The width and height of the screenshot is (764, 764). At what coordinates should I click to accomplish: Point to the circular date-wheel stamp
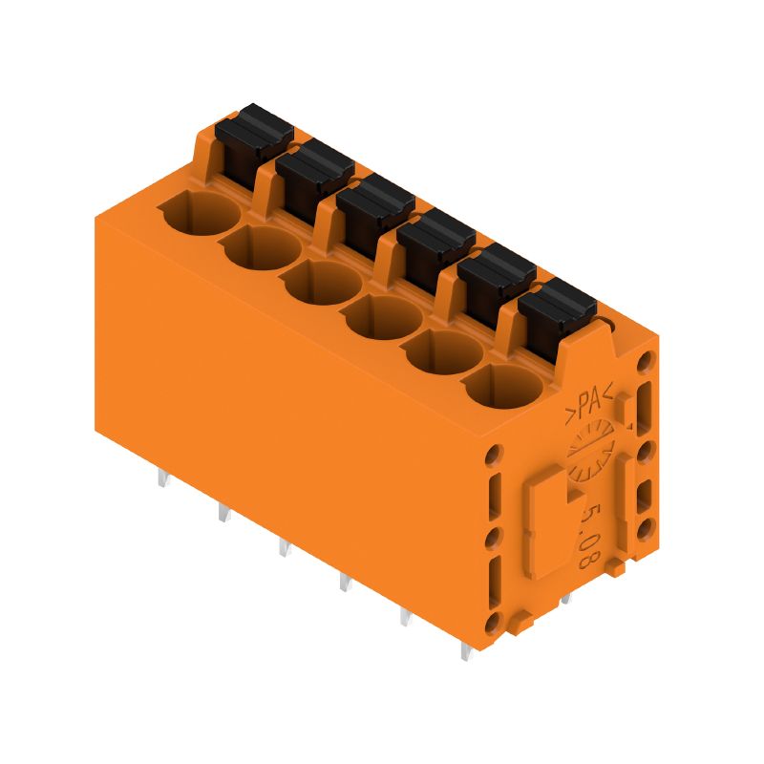point(588,455)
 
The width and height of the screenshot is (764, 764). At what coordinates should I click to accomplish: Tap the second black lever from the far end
point(314,162)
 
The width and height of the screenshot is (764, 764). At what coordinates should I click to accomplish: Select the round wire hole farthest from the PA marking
point(200,211)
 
